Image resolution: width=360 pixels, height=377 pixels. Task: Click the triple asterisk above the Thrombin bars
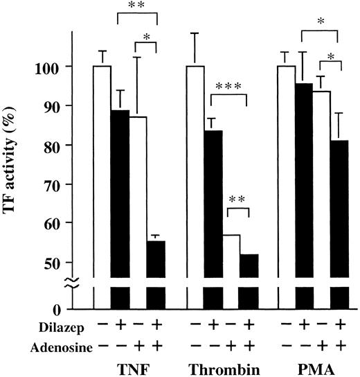pyautogui.click(x=229, y=87)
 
